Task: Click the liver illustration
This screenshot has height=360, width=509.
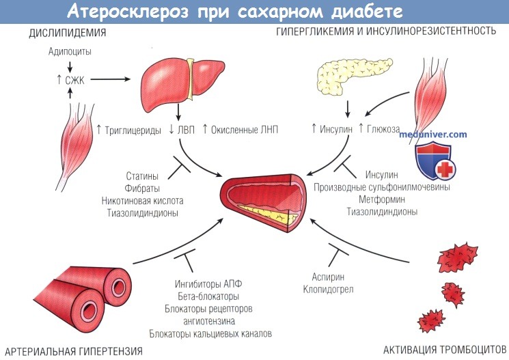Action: [182, 83]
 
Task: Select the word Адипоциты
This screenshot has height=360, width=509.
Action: [70, 51]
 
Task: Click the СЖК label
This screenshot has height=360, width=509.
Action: [74, 80]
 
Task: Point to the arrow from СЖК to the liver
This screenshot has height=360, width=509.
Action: [111, 79]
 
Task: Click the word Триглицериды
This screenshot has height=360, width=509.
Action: [133, 130]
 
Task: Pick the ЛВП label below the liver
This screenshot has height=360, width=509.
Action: [186, 130]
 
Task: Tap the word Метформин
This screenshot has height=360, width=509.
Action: [382, 199]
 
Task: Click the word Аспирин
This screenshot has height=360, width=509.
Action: [328, 277]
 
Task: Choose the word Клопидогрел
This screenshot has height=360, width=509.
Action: [328, 289]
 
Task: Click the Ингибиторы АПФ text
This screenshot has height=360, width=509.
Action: [208, 284]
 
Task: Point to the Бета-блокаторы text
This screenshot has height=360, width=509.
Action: [208, 296]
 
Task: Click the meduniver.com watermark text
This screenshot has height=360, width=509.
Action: [432, 134]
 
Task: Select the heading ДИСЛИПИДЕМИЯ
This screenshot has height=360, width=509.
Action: [68, 33]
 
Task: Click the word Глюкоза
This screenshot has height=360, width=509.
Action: [383, 129]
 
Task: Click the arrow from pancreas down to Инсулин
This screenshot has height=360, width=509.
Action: [348, 109]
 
